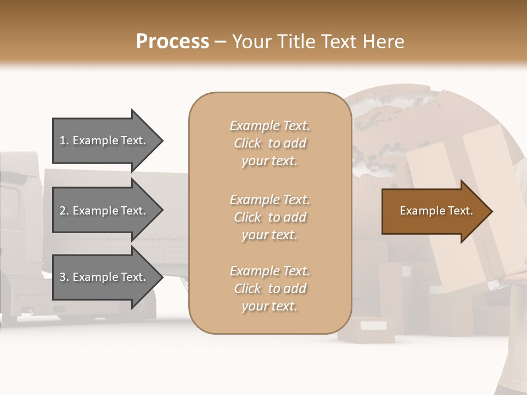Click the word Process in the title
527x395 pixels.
(172, 41)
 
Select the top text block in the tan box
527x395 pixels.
(270, 143)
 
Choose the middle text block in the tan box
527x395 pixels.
(270, 217)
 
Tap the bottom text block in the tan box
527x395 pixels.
(270, 289)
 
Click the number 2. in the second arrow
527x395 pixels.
(64, 211)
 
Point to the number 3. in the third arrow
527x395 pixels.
(64, 277)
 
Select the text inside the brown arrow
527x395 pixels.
(436, 211)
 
